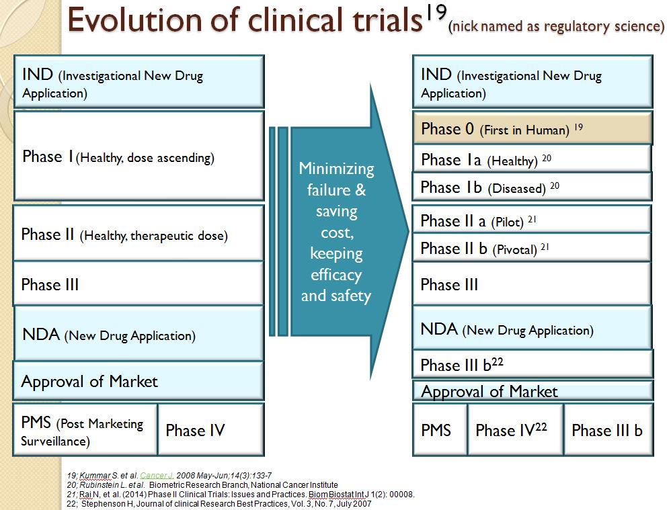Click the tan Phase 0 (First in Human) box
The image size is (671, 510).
tap(532, 128)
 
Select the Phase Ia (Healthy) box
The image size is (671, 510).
tap(532, 159)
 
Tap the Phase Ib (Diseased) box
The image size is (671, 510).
tap(532, 187)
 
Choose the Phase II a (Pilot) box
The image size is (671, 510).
tap(532, 220)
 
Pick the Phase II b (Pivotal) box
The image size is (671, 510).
tap(532, 248)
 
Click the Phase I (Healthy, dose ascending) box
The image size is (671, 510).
tap(139, 156)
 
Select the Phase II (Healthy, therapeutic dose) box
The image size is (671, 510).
tap(139, 233)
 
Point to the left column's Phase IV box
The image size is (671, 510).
tap(211, 429)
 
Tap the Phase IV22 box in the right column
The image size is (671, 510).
tap(516, 429)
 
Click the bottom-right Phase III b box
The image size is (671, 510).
tap(608, 429)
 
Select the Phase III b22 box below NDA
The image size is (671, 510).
tap(532, 364)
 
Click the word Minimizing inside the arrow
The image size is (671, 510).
tap(336, 169)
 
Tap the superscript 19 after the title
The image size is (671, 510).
tap(436, 12)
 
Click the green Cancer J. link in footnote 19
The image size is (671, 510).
tap(157, 475)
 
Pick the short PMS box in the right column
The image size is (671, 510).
tap(440, 429)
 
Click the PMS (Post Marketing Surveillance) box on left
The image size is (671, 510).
tap(85, 429)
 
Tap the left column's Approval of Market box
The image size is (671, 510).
tap(139, 381)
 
